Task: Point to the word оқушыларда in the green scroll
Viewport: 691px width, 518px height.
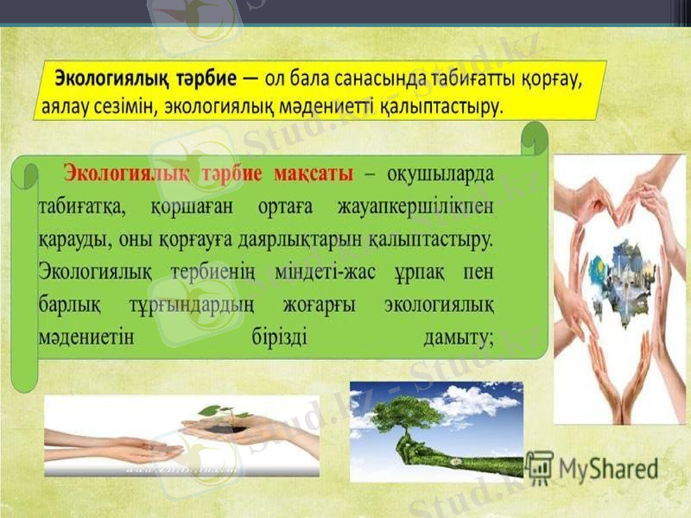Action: (441, 173)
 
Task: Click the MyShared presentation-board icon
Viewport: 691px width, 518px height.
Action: (540, 467)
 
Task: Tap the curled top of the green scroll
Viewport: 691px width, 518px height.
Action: (535, 137)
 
